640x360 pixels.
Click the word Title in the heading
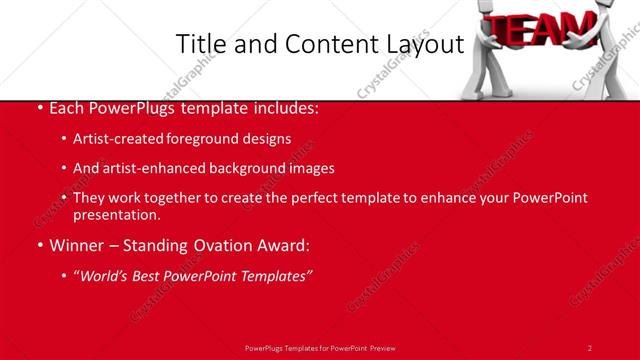(200, 44)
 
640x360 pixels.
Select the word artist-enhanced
(150, 168)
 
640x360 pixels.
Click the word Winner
(72, 245)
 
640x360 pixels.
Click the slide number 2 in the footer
(590, 347)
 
